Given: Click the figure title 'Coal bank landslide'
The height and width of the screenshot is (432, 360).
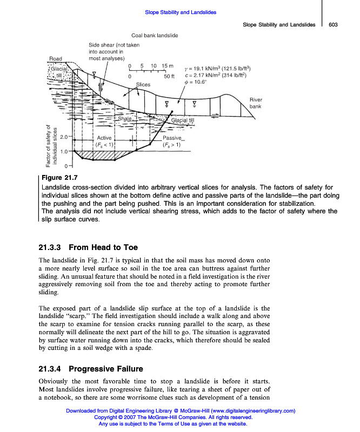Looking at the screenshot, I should click(155, 36).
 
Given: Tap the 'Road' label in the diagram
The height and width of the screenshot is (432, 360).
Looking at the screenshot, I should click(55, 59).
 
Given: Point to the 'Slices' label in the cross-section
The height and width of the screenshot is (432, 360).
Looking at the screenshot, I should click(143, 85).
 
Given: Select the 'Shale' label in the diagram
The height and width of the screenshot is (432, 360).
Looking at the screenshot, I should click(124, 118).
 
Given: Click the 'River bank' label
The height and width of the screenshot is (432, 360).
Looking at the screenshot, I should click(256, 103).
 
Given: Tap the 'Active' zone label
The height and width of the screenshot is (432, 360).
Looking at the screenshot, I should click(104, 138).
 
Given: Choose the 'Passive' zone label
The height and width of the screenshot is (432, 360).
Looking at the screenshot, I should click(172, 138).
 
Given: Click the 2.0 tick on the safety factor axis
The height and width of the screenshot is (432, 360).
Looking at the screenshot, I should click(64, 137).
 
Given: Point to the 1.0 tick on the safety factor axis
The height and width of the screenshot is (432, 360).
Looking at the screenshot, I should click(64, 152).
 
